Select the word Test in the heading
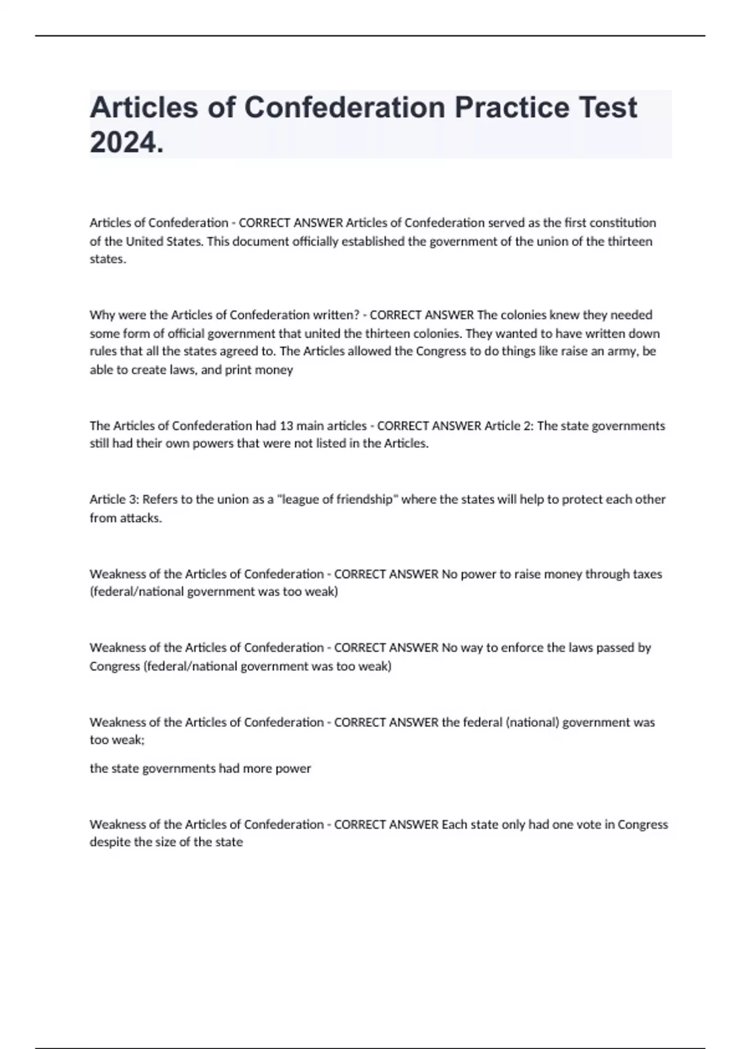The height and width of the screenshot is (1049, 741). tap(608, 107)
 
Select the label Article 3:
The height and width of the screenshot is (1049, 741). tap(114, 499)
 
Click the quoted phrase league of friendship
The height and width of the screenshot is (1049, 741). tap(337, 499)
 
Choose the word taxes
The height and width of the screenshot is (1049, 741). tap(647, 574)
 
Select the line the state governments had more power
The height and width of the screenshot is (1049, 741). tap(200, 769)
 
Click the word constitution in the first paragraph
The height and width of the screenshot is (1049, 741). tap(625, 223)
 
